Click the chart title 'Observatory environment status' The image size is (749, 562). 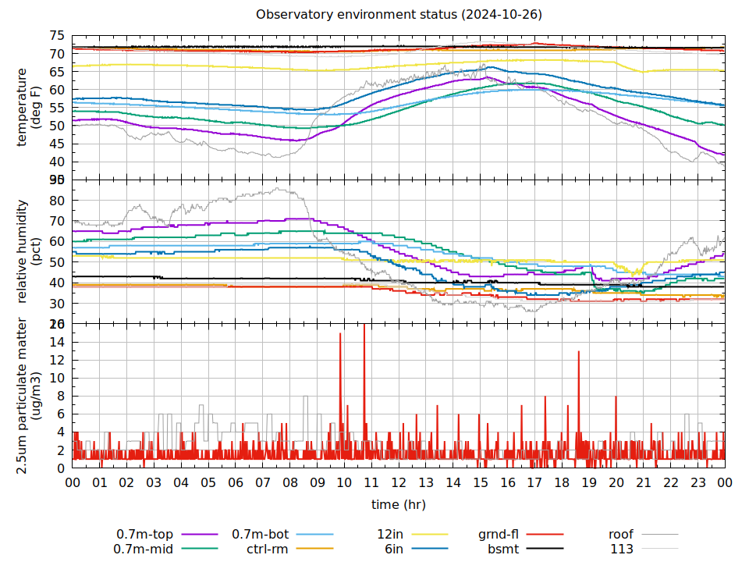tap(399, 15)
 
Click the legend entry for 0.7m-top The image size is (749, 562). tap(145, 535)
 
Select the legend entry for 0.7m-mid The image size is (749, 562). tap(145, 550)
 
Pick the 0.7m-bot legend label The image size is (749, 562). tap(261, 535)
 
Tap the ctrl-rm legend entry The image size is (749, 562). tap(268, 550)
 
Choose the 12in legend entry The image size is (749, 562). tap(389, 535)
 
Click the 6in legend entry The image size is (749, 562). tap(393, 550)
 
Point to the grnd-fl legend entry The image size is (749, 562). tap(499, 535)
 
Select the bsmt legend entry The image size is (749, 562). tap(504, 550)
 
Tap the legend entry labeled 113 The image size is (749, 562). tap(622, 550)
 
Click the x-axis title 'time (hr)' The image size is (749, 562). tap(399, 504)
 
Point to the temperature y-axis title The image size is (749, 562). tap(29, 107)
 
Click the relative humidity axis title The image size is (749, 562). tap(29, 251)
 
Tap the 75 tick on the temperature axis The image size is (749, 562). tap(56, 36)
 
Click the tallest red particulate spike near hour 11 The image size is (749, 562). tap(364, 325)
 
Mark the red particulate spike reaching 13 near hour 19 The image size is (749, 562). tap(578, 353)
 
